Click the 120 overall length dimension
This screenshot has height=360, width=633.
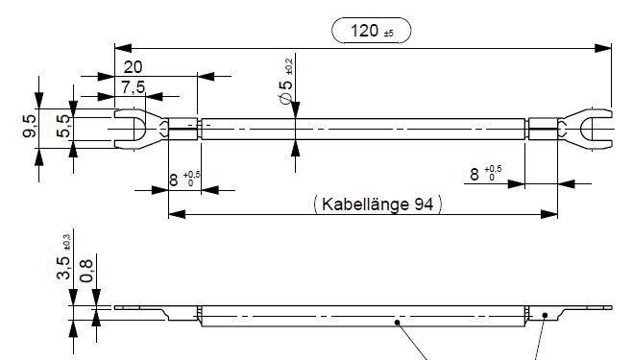point(364,31)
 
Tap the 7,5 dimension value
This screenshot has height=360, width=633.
point(134,86)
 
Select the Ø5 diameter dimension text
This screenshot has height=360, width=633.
point(285,94)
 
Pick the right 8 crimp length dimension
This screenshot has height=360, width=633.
point(474,174)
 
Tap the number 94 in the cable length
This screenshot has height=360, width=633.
point(424,204)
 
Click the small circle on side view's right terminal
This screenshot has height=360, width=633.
point(545,314)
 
